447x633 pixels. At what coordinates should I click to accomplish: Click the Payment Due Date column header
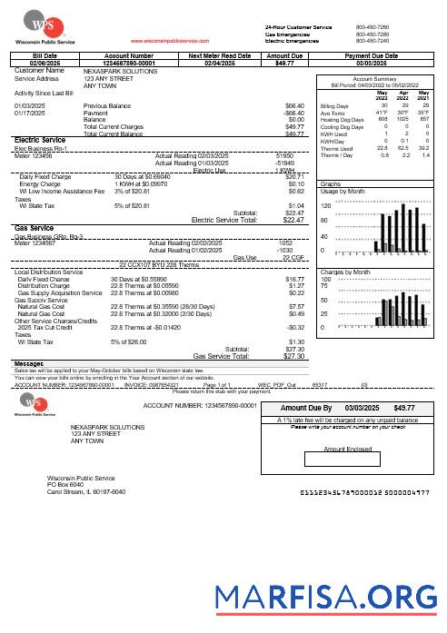tap(372, 55)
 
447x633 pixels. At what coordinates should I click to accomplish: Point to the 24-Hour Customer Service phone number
tap(372, 28)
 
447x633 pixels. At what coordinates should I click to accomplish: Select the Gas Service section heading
tap(35, 228)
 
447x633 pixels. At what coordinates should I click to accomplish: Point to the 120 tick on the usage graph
tap(326, 206)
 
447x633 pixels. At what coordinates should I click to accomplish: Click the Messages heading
tap(30, 363)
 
